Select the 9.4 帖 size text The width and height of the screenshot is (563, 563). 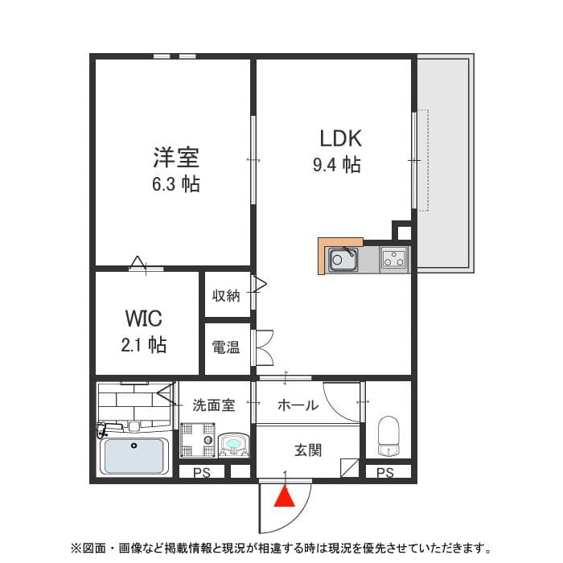click(x=336, y=165)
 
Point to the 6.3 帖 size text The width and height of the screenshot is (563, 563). click(x=176, y=183)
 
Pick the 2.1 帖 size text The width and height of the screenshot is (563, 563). click(x=144, y=345)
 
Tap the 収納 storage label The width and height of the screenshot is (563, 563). click(x=226, y=295)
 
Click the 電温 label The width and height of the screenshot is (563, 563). click(x=226, y=347)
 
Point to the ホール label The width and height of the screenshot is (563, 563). click(x=298, y=405)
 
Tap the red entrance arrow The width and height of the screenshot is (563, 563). click(x=284, y=499)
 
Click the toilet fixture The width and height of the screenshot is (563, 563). click(x=388, y=435)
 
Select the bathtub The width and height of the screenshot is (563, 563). click(x=134, y=456)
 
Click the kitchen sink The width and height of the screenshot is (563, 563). click(x=343, y=260)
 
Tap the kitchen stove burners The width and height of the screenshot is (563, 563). click(x=394, y=259)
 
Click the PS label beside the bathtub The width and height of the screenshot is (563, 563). click(x=201, y=473)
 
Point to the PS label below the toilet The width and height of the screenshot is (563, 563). click(x=385, y=473)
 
